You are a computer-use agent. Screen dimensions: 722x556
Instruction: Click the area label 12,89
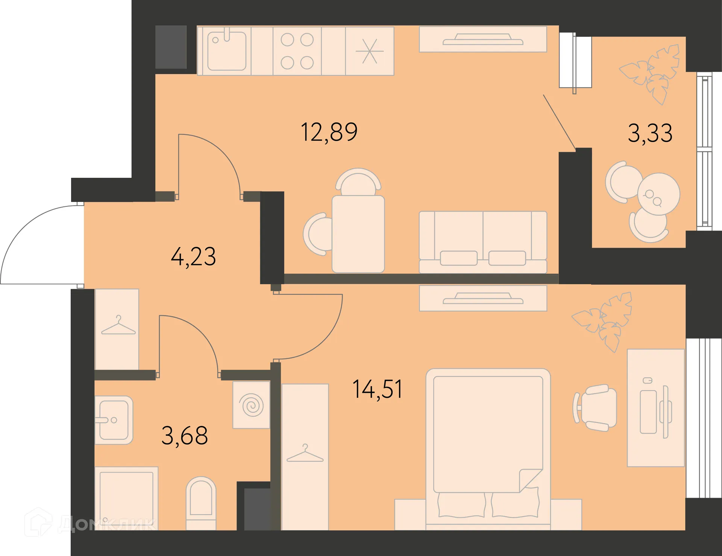click(x=329, y=132)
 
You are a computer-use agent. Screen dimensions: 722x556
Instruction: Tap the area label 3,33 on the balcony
click(x=650, y=133)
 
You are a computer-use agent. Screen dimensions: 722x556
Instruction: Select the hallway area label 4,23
click(x=193, y=257)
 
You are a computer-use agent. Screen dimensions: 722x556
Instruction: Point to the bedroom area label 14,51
click(x=378, y=389)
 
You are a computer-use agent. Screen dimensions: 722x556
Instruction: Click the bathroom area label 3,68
click(x=185, y=435)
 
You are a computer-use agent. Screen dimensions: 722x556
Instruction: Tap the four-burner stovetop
click(x=297, y=51)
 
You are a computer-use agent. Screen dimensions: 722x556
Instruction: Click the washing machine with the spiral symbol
click(x=251, y=405)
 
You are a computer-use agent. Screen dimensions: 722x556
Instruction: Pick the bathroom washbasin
click(x=114, y=420)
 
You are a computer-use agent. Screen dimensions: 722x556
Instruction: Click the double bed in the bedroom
click(x=488, y=449)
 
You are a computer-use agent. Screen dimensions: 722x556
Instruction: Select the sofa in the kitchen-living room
click(x=483, y=242)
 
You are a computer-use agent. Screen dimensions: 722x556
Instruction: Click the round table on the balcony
click(x=658, y=194)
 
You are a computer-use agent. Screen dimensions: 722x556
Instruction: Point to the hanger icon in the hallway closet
click(x=118, y=326)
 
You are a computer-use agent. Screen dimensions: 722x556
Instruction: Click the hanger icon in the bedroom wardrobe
click(x=305, y=453)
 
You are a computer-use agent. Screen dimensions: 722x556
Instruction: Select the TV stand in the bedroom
click(x=483, y=298)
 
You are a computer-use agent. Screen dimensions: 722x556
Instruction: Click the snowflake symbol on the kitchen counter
click(x=370, y=51)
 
